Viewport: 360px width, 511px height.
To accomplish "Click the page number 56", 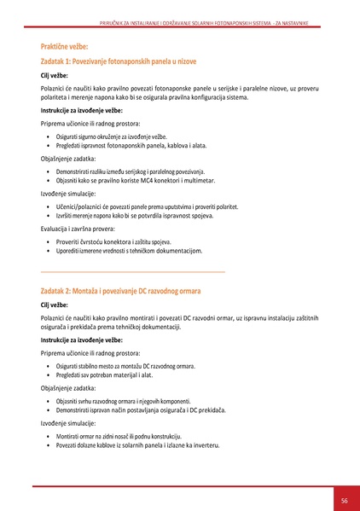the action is [x=344, y=500].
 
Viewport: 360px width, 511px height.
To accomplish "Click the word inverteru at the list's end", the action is [x=206, y=445].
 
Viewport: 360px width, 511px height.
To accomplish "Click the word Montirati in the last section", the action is [x=71, y=436].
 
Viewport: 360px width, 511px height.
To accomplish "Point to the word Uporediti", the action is [x=70, y=252].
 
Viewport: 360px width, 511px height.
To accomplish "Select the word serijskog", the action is [x=142, y=171].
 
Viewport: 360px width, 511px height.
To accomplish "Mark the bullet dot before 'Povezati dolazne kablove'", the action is [x=48, y=446].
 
